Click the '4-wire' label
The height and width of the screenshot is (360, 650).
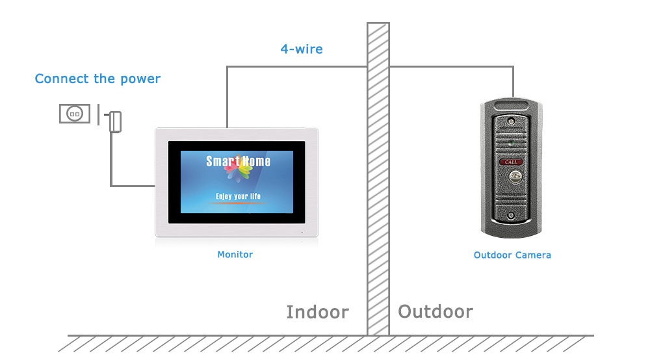[301, 49]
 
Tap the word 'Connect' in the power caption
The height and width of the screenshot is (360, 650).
[62, 79]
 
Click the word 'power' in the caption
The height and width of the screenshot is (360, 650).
[140, 79]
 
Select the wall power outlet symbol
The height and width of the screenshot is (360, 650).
[74, 113]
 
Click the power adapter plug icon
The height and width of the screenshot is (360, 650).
[115, 121]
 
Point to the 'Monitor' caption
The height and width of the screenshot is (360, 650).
[235, 255]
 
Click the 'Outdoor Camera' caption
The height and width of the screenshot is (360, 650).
[512, 255]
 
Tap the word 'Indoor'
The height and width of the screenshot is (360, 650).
[317, 313]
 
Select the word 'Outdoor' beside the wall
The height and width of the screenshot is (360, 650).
[435, 312]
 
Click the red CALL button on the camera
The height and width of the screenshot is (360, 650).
[512, 161]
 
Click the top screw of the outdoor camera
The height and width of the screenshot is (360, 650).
[512, 121]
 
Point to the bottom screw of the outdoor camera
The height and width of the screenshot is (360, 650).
[512, 215]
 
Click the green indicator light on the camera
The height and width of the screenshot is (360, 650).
[512, 141]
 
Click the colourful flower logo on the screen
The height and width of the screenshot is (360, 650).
[238, 168]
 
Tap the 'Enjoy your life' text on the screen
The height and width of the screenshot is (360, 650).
[238, 195]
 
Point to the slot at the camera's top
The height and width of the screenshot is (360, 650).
[512, 104]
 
